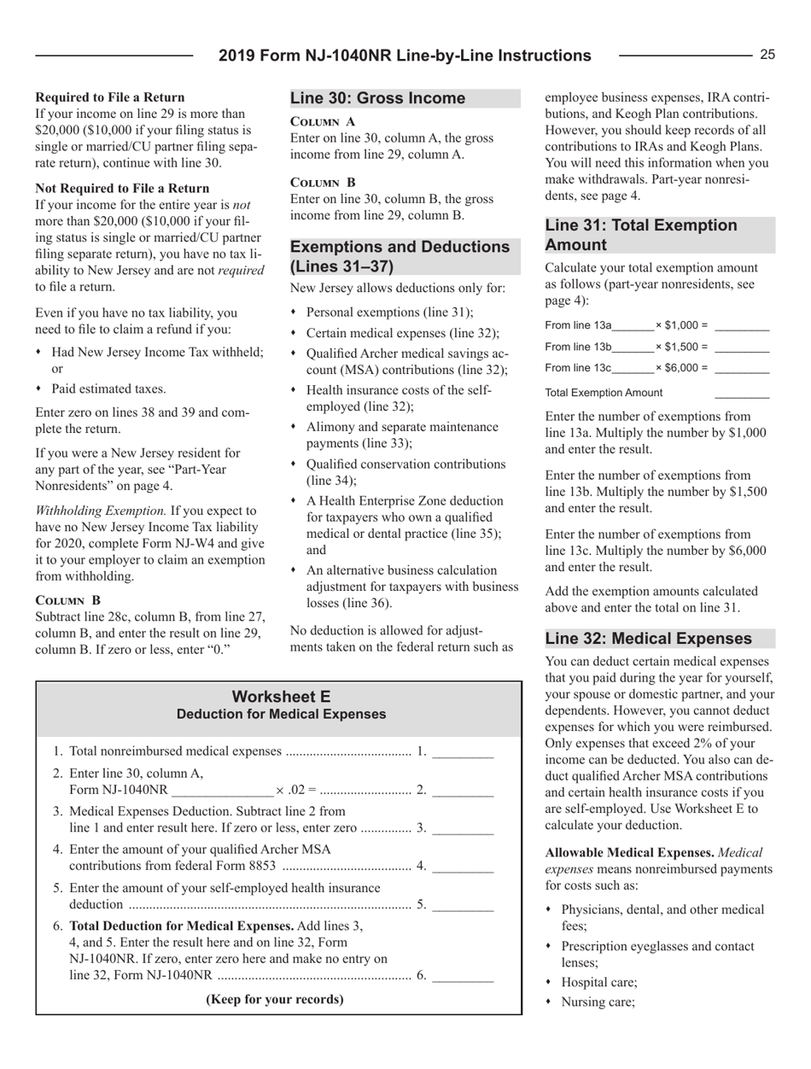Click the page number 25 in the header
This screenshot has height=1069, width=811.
coord(767,55)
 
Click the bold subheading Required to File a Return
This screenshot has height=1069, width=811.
coord(109,97)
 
